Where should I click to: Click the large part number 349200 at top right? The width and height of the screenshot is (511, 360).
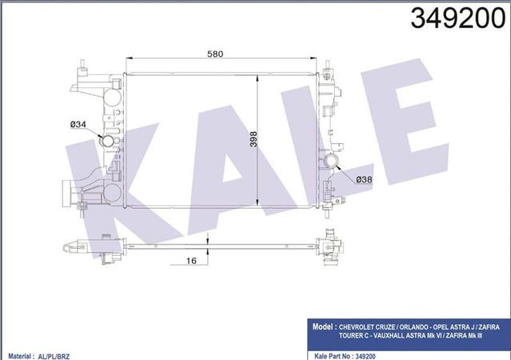tap(458, 18)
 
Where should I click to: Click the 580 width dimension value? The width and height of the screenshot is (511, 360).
tap(215, 54)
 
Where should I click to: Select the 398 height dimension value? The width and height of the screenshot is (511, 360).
tap(254, 139)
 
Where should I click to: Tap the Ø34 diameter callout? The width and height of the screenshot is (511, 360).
tap(78, 124)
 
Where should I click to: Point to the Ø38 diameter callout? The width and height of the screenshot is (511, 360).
tap(364, 179)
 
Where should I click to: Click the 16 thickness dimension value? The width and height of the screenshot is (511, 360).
tap(191, 261)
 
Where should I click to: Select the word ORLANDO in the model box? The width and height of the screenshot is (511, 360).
tap(413, 327)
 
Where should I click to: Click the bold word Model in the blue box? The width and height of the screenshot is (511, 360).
tap(322, 326)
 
